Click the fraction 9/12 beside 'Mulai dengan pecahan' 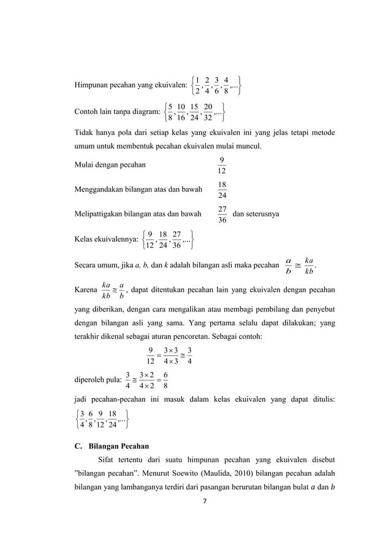(222, 165)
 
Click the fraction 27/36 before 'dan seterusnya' (222, 215)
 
